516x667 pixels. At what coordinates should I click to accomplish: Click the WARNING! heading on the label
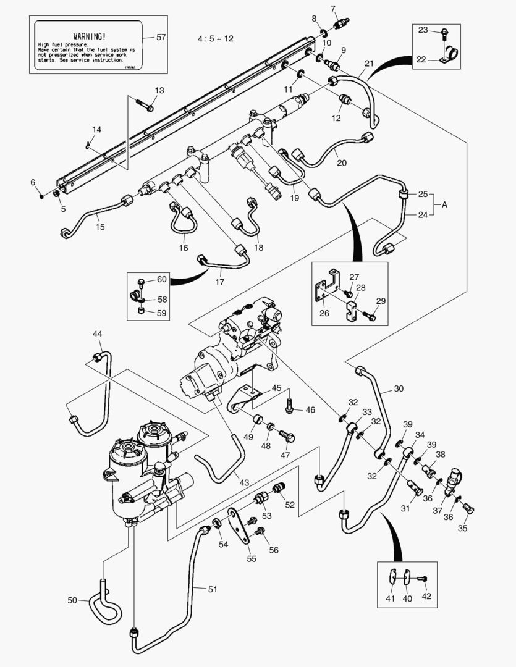(x=88, y=36)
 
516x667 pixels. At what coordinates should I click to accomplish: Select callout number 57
(x=161, y=37)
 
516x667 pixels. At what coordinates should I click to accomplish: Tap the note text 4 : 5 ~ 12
(x=216, y=38)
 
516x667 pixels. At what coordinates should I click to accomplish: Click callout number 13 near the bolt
(x=159, y=91)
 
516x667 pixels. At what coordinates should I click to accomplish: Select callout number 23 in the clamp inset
(x=440, y=29)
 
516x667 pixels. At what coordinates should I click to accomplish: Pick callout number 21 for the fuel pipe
(x=369, y=64)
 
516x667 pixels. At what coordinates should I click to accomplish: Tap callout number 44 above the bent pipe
(x=98, y=334)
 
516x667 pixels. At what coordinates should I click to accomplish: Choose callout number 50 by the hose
(x=73, y=600)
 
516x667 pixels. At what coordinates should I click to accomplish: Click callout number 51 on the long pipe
(x=213, y=589)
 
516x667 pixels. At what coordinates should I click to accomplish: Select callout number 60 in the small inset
(x=161, y=279)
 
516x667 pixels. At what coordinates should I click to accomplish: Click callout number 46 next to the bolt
(x=310, y=409)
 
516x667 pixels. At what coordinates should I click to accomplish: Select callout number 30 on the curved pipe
(x=398, y=389)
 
